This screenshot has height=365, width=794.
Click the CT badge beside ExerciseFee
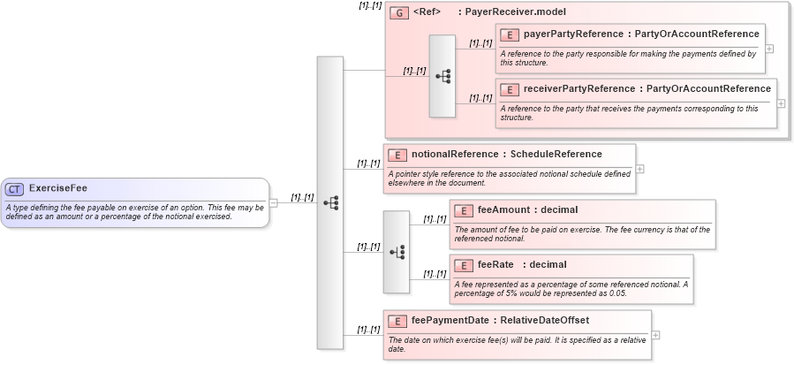coord(15,188)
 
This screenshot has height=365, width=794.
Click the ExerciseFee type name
coord(58,188)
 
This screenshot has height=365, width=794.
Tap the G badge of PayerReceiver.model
coord(398,13)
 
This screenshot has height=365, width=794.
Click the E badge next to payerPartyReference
coord(510,35)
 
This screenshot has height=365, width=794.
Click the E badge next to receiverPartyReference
coord(510,90)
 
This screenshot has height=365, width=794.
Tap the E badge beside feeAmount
coord(464,210)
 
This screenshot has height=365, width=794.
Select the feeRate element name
coord(496,265)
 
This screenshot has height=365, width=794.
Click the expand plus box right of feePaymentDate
coord(656,335)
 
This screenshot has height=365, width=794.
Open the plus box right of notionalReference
coord(639,169)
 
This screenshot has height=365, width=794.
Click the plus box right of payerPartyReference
coord(768,49)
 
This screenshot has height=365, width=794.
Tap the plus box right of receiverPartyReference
coord(780,103)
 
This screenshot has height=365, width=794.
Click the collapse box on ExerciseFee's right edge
coord(274,202)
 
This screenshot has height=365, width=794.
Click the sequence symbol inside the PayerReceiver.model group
coord(442,77)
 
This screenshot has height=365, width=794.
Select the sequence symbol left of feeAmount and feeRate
coord(396,252)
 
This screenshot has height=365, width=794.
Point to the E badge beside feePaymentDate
coord(398,321)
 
